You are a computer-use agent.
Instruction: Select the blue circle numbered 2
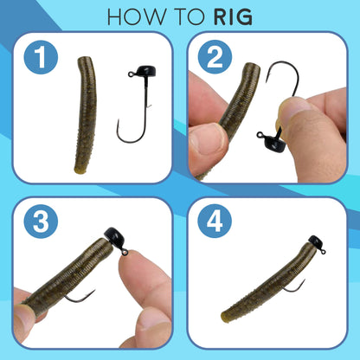tap(215, 61)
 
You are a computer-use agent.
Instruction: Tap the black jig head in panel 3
tap(114, 236)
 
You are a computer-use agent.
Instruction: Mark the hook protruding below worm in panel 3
tap(80, 298)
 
